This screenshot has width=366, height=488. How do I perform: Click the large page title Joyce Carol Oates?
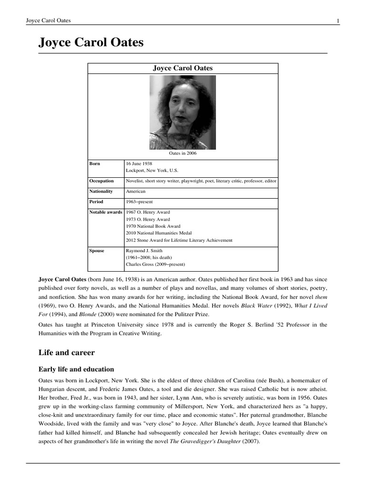click(91, 43)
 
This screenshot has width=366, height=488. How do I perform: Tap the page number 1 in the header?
click(337, 20)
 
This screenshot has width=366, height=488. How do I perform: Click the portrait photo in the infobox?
click(183, 112)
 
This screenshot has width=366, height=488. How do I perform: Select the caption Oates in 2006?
click(183, 153)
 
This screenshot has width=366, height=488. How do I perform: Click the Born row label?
click(95, 163)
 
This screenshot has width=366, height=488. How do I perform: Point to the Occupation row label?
click(102, 181)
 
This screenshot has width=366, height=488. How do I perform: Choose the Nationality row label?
click(101, 191)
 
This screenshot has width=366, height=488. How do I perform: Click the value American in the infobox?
click(136, 191)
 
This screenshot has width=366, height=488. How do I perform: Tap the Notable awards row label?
click(106, 212)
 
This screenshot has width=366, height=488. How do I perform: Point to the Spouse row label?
click(97, 250)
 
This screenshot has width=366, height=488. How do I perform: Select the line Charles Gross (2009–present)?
click(155, 264)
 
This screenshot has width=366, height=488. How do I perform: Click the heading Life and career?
click(66, 353)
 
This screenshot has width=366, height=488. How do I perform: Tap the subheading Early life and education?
click(76, 369)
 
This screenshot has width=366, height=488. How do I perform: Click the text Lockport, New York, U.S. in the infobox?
click(152, 170)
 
